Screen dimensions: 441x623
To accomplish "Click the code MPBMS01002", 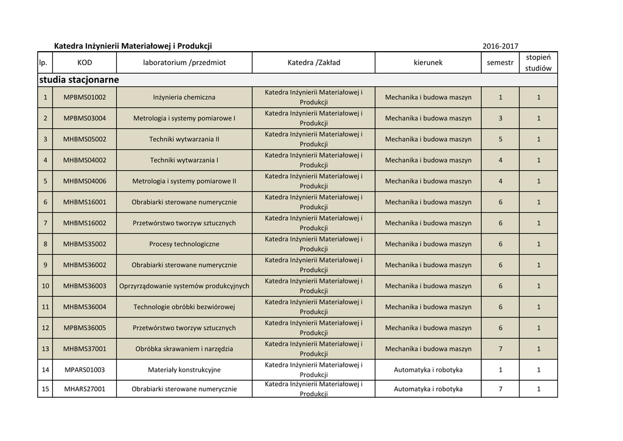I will [x=85, y=97].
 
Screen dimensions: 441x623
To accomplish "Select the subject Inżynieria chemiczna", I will [x=184, y=97].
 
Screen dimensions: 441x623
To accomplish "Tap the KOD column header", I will [x=85, y=63].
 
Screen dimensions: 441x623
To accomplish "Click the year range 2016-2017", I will [x=500, y=46].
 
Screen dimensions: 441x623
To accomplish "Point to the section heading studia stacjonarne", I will [x=79, y=80].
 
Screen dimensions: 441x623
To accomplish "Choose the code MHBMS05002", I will [x=85, y=139].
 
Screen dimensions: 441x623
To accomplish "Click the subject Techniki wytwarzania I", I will [x=184, y=160].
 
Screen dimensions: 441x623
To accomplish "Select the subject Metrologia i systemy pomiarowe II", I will [x=184, y=181].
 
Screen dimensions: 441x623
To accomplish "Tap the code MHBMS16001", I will [x=85, y=202].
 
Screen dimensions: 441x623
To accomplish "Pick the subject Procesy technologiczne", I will [x=184, y=244].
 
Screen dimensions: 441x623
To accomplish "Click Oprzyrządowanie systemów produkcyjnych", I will [x=184, y=286].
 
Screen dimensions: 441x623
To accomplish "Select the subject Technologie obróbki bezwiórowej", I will [x=184, y=307].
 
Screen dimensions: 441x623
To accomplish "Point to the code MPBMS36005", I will [x=85, y=328].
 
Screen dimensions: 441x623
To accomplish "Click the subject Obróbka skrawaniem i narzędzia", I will [x=184, y=349].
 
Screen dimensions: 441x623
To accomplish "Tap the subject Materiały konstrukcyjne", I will [x=184, y=370].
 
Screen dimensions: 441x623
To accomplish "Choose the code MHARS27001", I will [x=85, y=389].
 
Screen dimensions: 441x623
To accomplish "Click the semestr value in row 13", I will [x=500, y=349].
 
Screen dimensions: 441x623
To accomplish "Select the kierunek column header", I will [x=428, y=63].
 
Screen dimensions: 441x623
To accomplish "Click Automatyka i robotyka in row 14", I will [x=428, y=370].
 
